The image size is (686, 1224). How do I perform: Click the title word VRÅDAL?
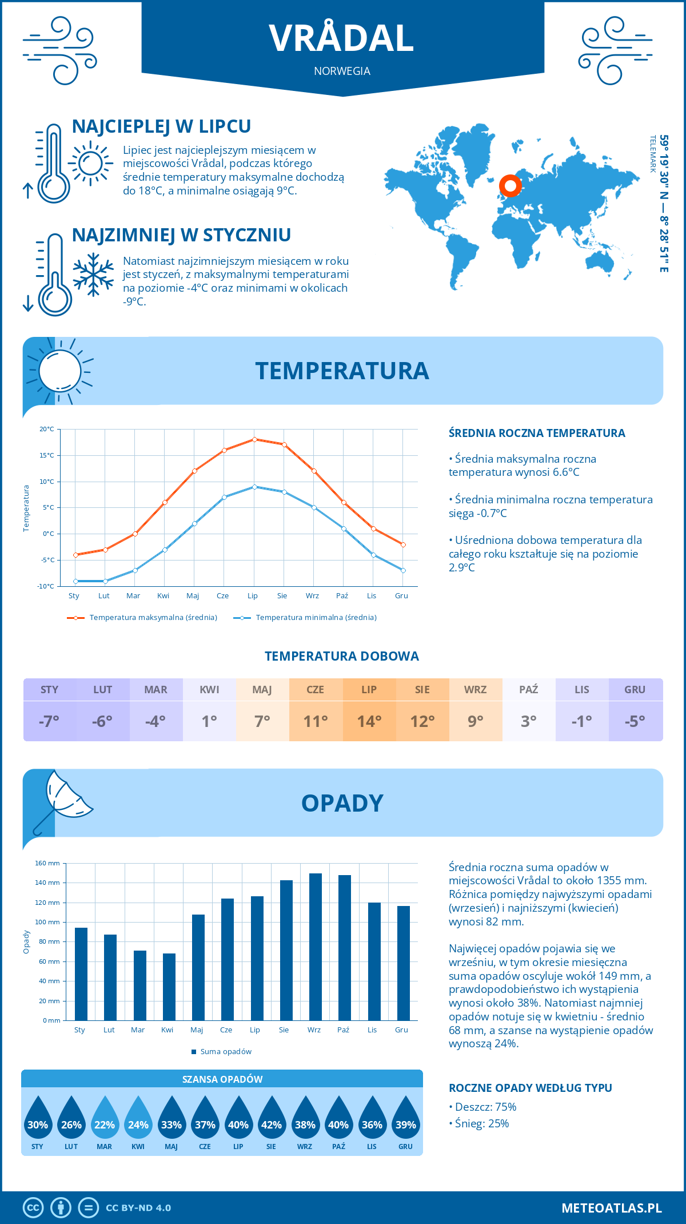[x=341, y=39]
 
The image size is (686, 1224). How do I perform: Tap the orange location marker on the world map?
[x=510, y=185]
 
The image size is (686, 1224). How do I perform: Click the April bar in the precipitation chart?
[x=169, y=987]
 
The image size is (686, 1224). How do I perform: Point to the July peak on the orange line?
[x=254, y=439]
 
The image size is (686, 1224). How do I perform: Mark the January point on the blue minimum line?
[x=75, y=581]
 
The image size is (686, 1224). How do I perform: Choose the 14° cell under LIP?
[x=369, y=721]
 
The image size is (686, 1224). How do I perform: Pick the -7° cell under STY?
[x=49, y=721]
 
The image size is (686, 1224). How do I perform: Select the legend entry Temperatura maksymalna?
[x=153, y=618]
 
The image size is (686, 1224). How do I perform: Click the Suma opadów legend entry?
[x=225, y=1052]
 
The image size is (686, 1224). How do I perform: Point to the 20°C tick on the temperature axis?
[x=47, y=429]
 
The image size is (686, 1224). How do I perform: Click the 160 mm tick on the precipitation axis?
[x=48, y=863]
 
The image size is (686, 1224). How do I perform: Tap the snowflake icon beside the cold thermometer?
[x=93, y=275]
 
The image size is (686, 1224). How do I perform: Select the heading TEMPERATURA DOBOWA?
[x=342, y=656]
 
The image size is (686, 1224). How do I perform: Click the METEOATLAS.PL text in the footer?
[x=611, y=1208]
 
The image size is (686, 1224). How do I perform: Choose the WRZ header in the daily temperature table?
[x=475, y=689]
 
